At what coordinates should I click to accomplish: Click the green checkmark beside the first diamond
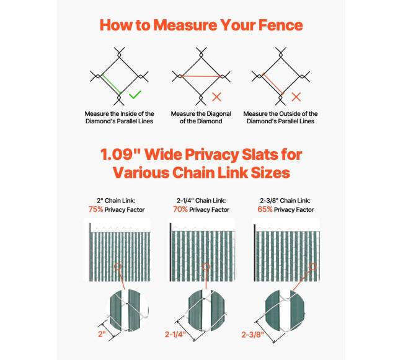[x=135, y=95]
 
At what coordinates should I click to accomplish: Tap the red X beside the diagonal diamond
[x=217, y=97]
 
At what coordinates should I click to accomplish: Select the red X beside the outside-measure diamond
[x=296, y=97]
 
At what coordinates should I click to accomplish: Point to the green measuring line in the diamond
[x=111, y=84]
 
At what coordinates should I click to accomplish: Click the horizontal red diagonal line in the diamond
[x=201, y=76]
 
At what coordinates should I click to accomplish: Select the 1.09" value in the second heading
[x=120, y=154]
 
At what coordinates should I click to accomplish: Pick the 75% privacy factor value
[x=95, y=209]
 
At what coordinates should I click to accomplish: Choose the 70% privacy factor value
[x=180, y=209]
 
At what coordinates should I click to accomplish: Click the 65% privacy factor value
[x=265, y=209]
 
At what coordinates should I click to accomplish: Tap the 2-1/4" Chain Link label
[x=201, y=201]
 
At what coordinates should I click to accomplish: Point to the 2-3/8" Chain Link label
[x=285, y=201]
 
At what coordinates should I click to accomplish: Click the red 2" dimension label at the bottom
[x=102, y=334]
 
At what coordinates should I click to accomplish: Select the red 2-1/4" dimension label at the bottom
[x=175, y=335]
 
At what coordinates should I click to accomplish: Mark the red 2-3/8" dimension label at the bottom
[x=252, y=335]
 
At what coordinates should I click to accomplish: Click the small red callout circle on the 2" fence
[x=118, y=266]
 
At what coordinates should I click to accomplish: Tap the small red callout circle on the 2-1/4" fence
[x=206, y=266]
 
